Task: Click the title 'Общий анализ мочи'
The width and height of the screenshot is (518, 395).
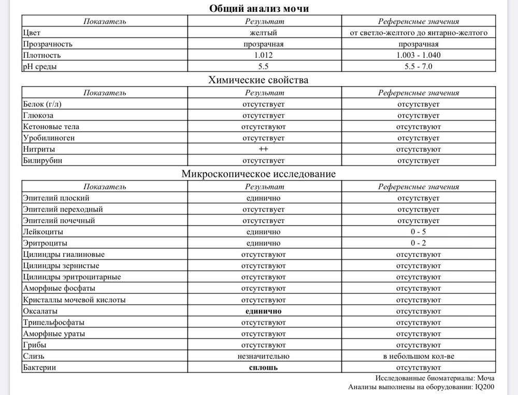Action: (258, 8)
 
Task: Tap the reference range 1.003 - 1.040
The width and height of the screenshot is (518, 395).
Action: (418, 55)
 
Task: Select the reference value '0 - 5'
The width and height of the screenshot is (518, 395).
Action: (418, 232)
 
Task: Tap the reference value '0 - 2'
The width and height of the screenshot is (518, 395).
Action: (418, 243)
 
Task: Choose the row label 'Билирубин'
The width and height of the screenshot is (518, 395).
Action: (42, 161)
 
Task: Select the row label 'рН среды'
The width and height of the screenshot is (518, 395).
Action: (40, 67)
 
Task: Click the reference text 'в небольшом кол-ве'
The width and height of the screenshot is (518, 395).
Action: (418, 356)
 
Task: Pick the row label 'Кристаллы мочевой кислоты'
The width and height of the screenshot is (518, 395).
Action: (74, 300)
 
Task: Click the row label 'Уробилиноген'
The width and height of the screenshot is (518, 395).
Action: (49, 138)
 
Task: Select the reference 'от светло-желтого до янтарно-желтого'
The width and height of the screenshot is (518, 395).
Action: (418, 33)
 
